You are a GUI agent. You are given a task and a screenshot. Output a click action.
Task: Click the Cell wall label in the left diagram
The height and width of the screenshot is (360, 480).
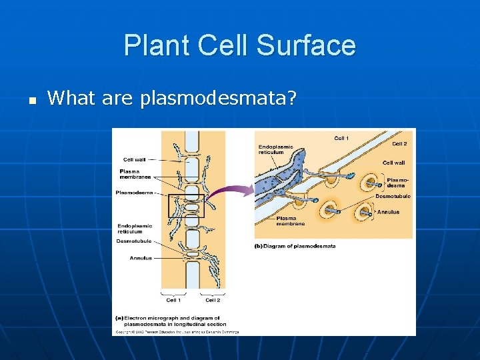tap(135, 159)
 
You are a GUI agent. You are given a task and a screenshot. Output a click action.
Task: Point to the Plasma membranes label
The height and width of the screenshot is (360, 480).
tap(135, 175)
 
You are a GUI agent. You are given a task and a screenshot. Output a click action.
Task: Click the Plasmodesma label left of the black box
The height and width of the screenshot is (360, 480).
tap(135, 193)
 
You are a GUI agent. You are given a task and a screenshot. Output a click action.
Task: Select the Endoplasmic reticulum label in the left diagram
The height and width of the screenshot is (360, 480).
tap(135, 229)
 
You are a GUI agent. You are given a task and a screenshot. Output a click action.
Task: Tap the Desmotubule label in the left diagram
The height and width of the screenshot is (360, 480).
tap(133, 241)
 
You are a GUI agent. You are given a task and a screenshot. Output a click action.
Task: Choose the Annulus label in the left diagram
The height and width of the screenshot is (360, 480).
tap(141, 258)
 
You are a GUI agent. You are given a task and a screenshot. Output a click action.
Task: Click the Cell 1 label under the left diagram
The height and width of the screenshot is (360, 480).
tap(172, 299)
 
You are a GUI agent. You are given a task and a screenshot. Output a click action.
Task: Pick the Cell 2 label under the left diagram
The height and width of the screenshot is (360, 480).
tap(213, 299)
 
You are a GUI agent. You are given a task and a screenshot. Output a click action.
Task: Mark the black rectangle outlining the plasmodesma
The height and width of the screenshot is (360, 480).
tap(185, 205)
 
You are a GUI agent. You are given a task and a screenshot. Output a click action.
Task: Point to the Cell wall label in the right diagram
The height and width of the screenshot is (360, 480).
tap(394, 163)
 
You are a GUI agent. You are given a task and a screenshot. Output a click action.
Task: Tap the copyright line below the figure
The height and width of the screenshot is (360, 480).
tap(177, 331)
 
